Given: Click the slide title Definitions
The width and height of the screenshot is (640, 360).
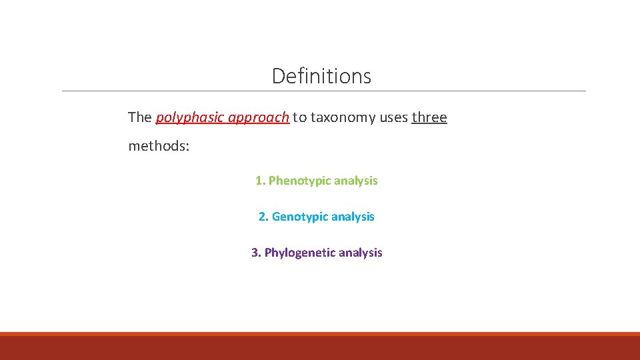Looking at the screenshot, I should point(321,76).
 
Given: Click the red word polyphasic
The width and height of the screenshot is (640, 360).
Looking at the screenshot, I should point(189,118).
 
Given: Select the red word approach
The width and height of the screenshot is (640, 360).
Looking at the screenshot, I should point(259,118).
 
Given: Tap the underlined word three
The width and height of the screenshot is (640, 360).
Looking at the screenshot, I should point(429,118).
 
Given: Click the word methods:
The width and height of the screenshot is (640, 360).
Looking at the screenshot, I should point(159,145).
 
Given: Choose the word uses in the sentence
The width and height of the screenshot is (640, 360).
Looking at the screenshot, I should point(394,118).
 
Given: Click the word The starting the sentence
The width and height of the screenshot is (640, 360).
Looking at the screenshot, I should point(140,118).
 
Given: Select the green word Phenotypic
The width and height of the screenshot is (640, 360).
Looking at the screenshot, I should point(299,181).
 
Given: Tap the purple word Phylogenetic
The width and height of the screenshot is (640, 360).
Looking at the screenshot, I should point(300,253).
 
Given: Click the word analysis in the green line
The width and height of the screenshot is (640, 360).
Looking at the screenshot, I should point(356,181).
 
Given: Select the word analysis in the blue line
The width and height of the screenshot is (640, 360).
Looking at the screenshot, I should point(353,217).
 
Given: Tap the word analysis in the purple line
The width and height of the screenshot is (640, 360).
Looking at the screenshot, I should point(361,253).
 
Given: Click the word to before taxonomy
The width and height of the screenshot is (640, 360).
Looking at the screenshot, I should point(300,118).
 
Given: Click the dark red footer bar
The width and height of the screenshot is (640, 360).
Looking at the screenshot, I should point(320,347).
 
